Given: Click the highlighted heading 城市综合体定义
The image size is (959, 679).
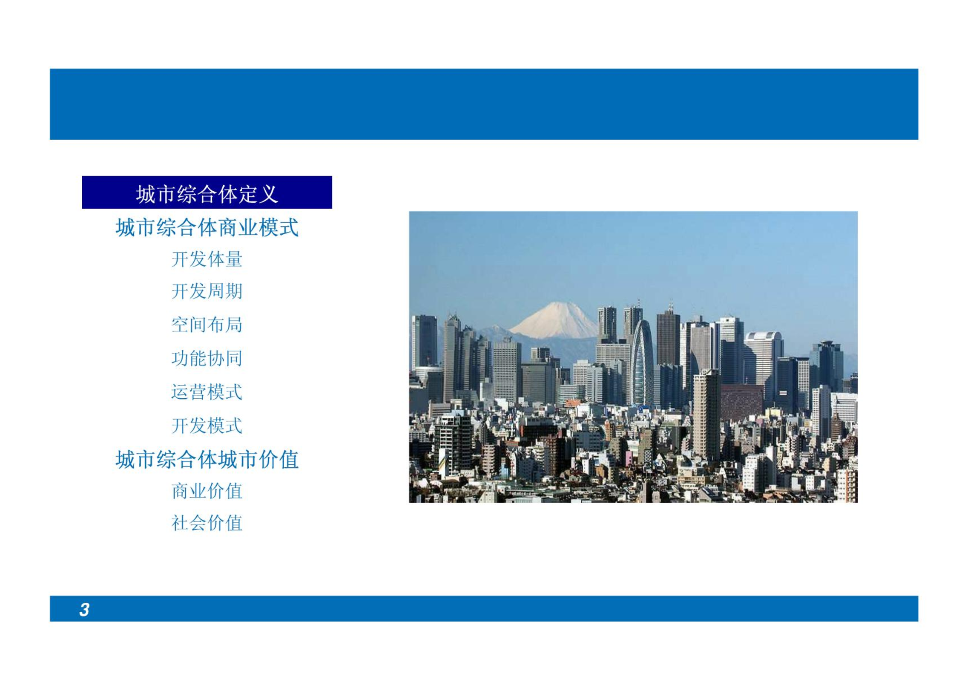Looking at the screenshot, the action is tap(207, 194).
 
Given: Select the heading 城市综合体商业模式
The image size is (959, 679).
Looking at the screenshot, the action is tap(207, 227).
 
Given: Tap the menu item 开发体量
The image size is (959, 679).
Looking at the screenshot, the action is tap(207, 259).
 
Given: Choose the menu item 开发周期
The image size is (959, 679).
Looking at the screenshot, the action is tap(207, 291).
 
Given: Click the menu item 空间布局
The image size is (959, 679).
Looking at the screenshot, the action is tap(207, 325).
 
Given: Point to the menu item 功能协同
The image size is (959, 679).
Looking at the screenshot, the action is tap(207, 358).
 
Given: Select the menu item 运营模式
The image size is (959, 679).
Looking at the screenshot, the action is tap(207, 392).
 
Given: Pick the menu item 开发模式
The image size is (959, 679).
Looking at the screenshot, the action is tap(207, 426).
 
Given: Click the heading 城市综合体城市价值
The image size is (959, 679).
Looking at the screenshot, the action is tap(207, 460).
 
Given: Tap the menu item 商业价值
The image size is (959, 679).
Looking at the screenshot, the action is tap(207, 491).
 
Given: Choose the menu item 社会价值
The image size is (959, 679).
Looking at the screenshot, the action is tap(207, 523).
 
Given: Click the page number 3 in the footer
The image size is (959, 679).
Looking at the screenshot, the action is tap(84, 610).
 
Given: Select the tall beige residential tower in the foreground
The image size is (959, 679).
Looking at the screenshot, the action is tap(706, 415).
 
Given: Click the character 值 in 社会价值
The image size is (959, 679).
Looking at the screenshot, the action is tap(234, 523).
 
